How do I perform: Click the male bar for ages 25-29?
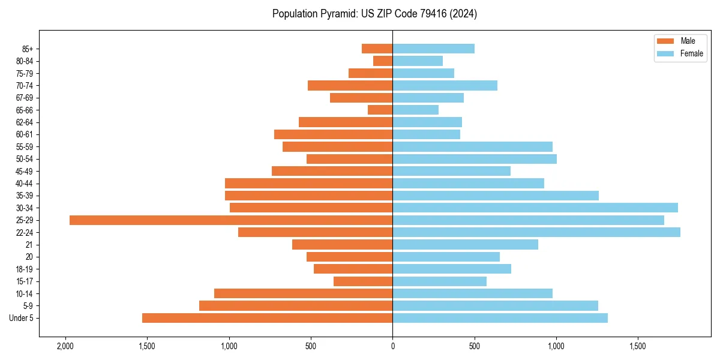pyautogui.click(x=231, y=220)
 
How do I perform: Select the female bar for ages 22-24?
pyautogui.click(x=536, y=232)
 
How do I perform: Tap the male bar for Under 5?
pyautogui.click(x=267, y=318)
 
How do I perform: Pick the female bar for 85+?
pyautogui.click(x=433, y=49)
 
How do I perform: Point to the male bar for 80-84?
pyautogui.click(x=383, y=61)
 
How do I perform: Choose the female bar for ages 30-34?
pyautogui.click(x=535, y=208)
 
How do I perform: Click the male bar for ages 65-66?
pyautogui.click(x=380, y=110)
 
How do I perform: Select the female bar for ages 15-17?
pyautogui.click(x=439, y=281)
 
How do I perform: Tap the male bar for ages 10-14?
pyautogui.click(x=303, y=293)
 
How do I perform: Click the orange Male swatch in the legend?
pyautogui.click(x=665, y=41)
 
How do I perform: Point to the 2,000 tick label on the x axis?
pyautogui.click(x=65, y=346)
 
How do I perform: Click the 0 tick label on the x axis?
pyautogui.click(x=392, y=346)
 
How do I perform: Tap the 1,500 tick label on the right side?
pyautogui.click(x=638, y=346)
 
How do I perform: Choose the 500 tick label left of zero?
pyautogui.click(x=311, y=346)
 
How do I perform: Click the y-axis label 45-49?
pyautogui.click(x=25, y=171)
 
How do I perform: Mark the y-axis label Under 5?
pyautogui.click(x=22, y=318)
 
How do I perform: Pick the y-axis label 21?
pyautogui.click(x=29, y=245)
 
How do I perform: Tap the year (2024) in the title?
pyautogui.click(x=465, y=14)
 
